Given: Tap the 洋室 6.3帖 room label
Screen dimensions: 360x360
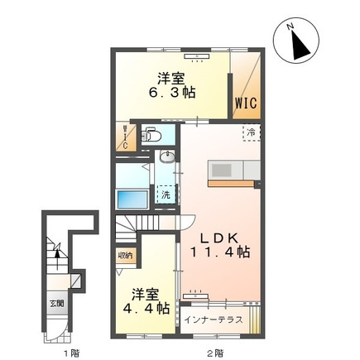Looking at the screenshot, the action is coord(172,85).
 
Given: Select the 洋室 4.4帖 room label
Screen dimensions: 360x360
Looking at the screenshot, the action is coord(146,301).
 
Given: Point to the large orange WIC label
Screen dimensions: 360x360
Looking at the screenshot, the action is coord(246,103).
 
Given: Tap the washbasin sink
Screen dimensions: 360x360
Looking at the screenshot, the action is coord(167,156).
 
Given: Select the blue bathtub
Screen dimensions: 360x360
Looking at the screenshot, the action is coord(132,199).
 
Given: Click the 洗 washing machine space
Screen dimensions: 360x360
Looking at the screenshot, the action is coord(166,194).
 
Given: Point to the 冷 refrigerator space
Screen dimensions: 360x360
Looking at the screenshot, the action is coord(252,133).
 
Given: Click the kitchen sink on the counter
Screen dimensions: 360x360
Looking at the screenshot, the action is coord(221,170).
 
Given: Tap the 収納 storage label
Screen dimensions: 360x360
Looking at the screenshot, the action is coord(126,256).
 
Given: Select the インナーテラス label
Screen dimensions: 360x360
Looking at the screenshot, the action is coord(214,320).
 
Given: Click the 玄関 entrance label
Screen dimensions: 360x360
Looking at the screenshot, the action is coord(57,304).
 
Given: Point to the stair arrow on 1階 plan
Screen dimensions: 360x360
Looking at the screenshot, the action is coord(57,259).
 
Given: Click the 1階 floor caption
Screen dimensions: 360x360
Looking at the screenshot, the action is coord(72,353).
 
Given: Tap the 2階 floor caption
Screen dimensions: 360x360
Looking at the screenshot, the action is coord(215,353).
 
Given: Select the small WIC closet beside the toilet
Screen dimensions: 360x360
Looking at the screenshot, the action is coord(126,137).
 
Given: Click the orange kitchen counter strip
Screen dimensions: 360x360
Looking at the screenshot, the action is coord(231,184).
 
